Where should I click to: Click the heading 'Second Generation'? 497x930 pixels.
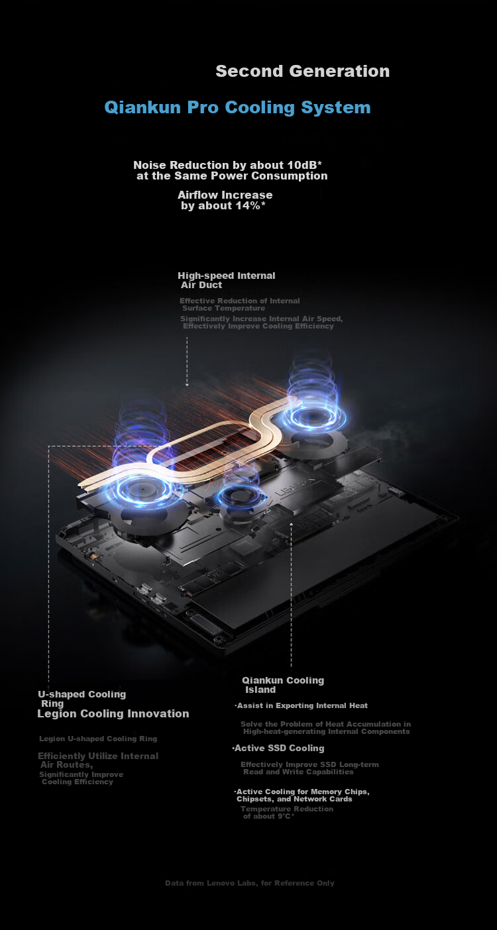(x=303, y=71)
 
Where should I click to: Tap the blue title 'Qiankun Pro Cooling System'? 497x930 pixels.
(x=237, y=107)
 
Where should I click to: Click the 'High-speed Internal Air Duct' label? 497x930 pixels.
(x=226, y=280)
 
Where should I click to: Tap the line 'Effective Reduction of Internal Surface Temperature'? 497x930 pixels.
(x=240, y=304)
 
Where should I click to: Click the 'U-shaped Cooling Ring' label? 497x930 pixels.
(x=82, y=699)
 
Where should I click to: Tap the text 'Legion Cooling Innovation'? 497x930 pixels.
(x=113, y=713)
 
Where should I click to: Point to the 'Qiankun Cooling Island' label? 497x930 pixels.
(x=283, y=685)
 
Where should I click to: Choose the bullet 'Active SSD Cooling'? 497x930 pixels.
(x=278, y=748)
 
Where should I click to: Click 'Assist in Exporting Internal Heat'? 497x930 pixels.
(x=302, y=705)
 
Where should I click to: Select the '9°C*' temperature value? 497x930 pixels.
(x=286, y=816)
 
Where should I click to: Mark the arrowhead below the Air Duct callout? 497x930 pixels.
(x=187, y=384)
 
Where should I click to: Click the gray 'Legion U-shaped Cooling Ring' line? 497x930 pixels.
(x=98, y=739)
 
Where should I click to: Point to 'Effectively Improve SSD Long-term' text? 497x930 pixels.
(x=309, y=764)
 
